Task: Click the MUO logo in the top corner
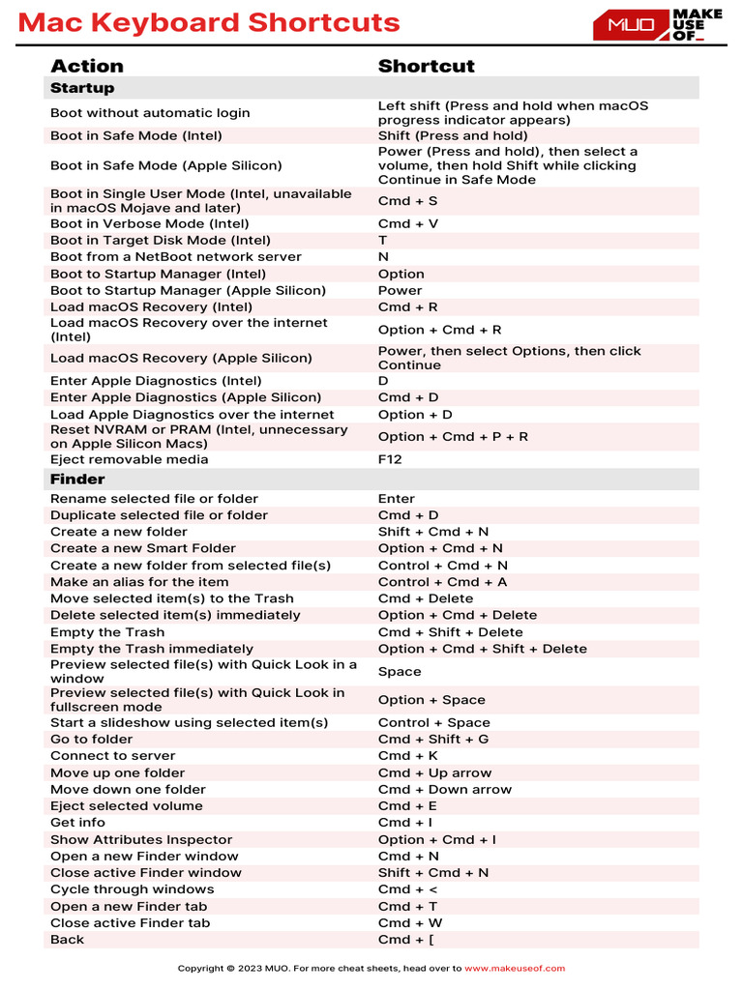657,25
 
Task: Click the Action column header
87,66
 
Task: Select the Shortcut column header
426,66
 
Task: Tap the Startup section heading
82,88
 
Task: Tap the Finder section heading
77,479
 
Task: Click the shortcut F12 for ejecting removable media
390,459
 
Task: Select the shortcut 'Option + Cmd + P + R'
453,436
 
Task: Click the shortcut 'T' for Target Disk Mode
383,240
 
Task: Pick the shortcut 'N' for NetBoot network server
383,257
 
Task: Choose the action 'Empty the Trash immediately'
152,649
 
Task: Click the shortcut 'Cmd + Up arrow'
434,772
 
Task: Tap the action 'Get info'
77,823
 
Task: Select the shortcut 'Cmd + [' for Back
406,940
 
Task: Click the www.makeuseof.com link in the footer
515,968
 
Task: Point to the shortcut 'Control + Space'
434,722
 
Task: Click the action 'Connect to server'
113,756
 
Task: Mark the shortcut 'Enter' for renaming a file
397,499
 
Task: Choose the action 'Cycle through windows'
133,889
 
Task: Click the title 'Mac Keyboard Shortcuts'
209,23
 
